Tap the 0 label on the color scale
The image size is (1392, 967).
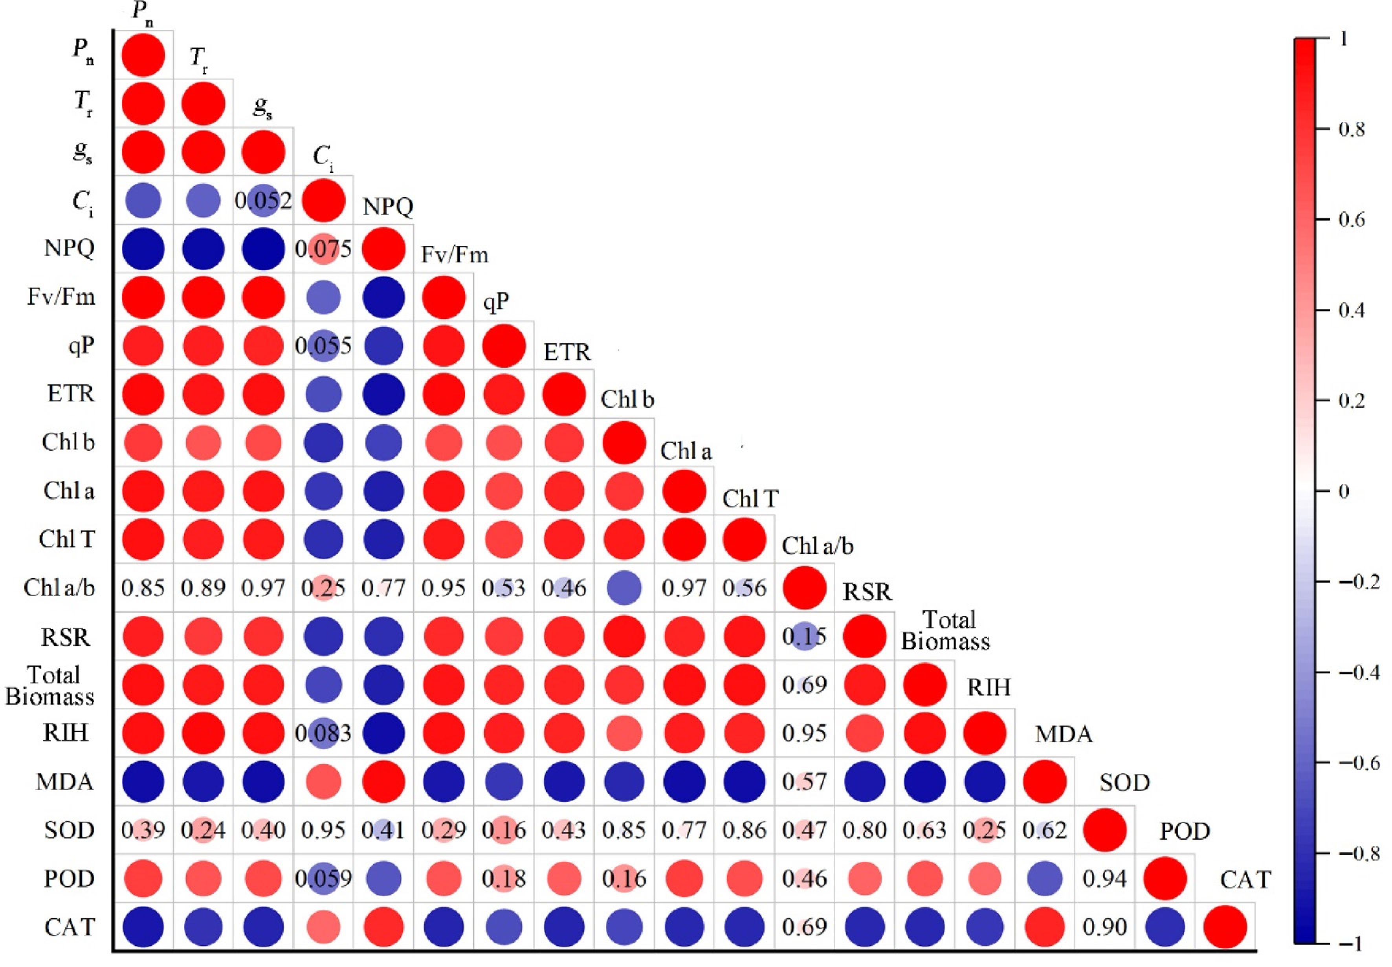point(1344,491)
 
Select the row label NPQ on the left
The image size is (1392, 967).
point(69,248)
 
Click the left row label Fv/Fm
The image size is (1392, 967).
point(61,297)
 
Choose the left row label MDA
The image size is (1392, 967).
point(65,782)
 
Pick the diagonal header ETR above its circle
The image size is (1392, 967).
point(567,352)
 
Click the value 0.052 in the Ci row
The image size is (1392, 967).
point(263,201)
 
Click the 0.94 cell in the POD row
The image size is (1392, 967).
point(1105,879)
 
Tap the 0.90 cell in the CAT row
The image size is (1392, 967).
point(1105,927)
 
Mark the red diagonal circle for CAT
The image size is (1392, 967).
point(1225,927)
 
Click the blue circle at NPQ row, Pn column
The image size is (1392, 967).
point(143,249)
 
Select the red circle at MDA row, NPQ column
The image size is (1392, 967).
point(383,782)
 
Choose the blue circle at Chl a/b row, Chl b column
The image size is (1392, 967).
point(624,588)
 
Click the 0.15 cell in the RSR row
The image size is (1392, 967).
point(804,636)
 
